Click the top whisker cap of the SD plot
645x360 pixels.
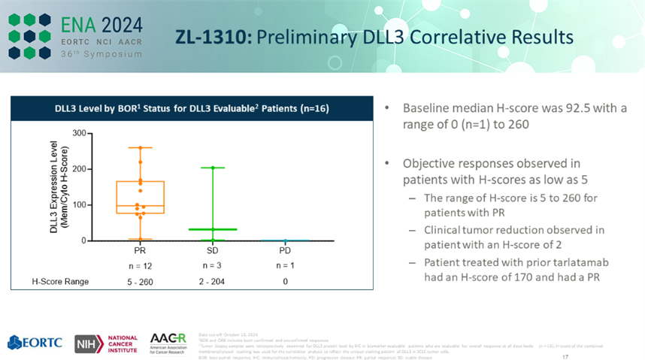(x=213, y=167)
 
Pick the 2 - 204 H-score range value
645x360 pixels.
(x=212, y=282)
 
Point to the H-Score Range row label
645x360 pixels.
(x=60, y=282)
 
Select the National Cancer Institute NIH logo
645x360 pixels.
(x=105, y=343)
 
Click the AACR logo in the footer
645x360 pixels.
(x=168, y=342)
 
